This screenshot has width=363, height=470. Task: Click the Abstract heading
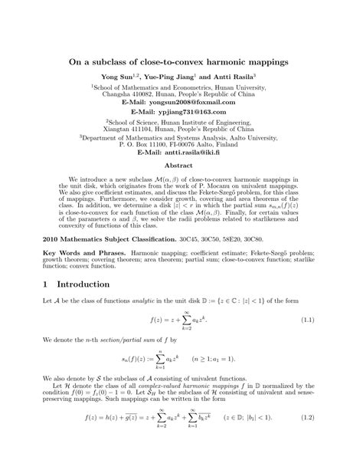click(x=181, y=165)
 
